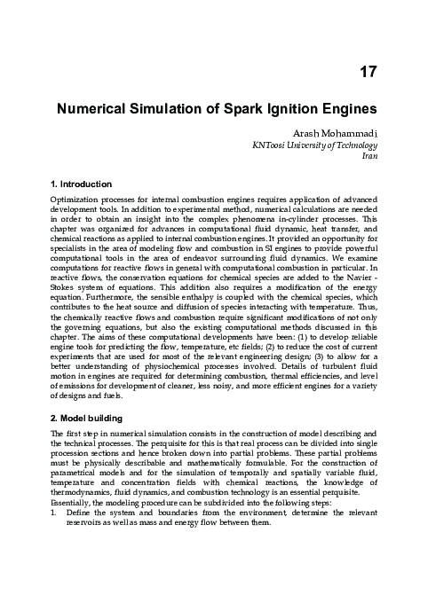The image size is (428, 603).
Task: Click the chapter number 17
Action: click(x=368, y=72)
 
